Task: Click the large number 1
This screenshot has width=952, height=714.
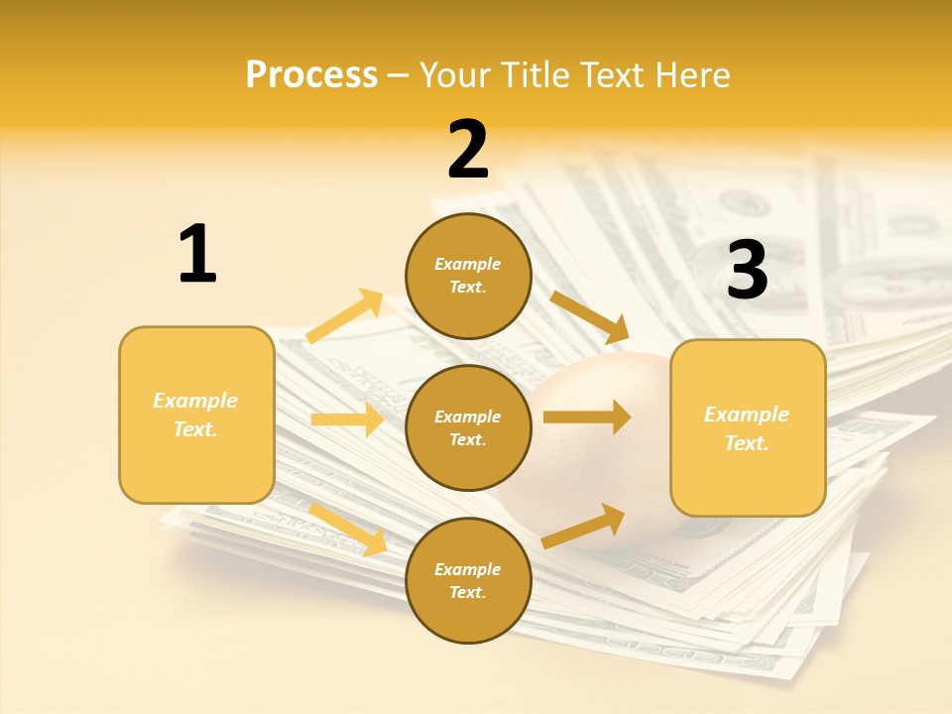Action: (197, 254)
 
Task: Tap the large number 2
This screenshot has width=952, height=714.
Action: (468, 150)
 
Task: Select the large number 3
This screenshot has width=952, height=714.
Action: (747, 271)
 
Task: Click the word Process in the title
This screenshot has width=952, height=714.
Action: (311, 74)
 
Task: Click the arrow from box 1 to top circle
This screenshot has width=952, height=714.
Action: (345, 316)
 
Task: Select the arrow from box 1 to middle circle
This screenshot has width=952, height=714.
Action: (347, 419)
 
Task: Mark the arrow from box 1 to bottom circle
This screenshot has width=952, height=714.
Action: (348, 528)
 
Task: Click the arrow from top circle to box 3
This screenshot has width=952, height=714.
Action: (590, 316)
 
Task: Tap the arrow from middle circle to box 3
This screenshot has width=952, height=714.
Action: (586, 417)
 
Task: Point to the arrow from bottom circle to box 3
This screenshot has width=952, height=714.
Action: (584, 526)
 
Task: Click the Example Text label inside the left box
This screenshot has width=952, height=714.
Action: (195, 415)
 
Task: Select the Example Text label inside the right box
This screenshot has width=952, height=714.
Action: (747, 428)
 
